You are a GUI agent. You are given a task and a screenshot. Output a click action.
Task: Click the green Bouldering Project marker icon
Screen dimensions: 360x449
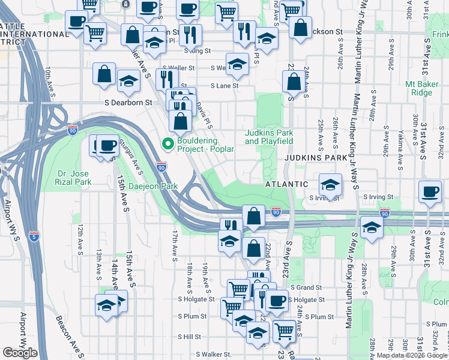167,143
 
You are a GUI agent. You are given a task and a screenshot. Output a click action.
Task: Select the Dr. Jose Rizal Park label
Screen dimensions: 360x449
74,178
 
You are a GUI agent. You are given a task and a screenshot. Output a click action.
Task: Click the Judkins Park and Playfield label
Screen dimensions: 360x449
269,137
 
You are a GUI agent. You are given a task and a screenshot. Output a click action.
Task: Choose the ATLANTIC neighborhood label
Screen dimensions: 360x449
287,184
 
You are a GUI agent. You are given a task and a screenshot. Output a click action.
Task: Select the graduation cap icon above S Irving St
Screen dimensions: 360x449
330,183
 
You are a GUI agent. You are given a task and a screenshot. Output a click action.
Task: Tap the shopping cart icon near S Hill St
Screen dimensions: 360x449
284,329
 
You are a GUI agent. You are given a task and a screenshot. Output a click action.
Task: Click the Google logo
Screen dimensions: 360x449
20,353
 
